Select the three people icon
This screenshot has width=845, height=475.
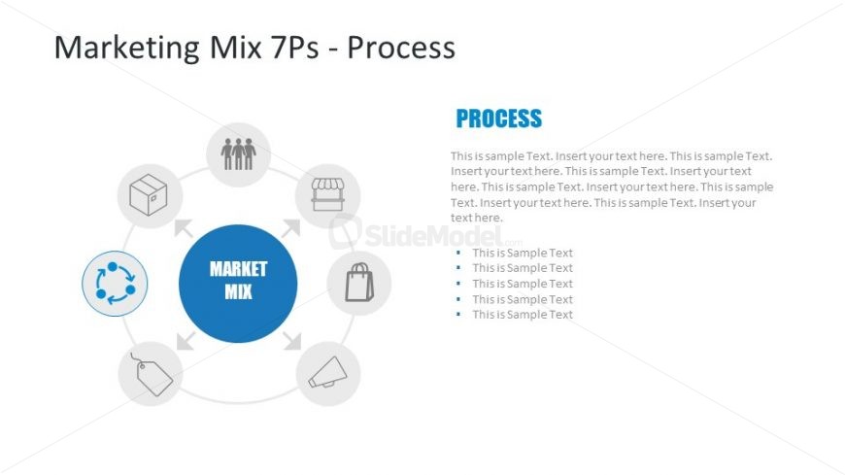pos(238,153)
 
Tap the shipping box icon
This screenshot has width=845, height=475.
pos(149,196)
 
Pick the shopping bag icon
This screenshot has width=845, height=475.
pos(359,283)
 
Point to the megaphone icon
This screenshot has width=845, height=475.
pos(327,374)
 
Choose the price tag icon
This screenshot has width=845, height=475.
pos(151,374)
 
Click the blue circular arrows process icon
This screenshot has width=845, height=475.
pos(115,283)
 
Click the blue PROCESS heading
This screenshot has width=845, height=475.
pos(498,119)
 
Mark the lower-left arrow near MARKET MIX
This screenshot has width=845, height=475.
pos(185,340)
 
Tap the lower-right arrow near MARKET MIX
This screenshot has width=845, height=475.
pos(291,340)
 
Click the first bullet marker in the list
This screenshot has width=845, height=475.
pos(457,253)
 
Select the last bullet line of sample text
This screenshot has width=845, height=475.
pos(523,315)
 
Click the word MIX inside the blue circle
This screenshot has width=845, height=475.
pos(238,290)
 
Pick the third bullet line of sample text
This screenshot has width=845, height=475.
pos(523,284)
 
